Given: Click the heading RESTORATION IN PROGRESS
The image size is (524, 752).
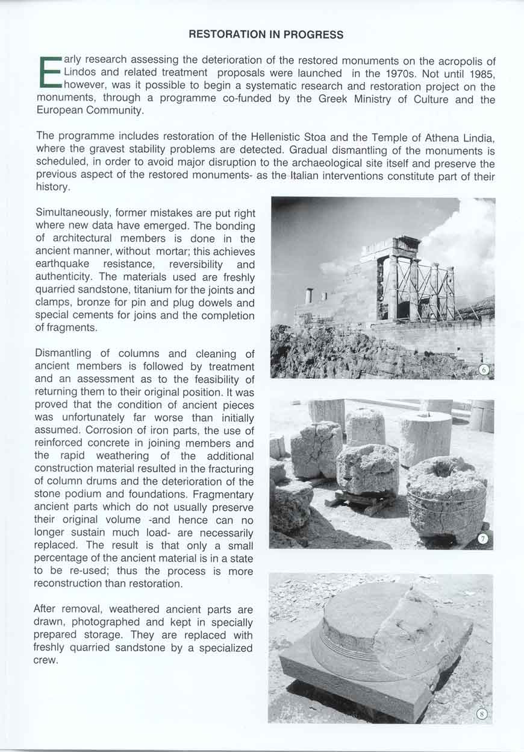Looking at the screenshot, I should tap(266, 34).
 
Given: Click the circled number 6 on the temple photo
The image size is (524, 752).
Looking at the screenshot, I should tap(482, 370).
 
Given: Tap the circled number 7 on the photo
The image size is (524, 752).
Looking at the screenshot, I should tap(482, 539).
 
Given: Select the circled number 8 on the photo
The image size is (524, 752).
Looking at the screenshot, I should tap(481, 714).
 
